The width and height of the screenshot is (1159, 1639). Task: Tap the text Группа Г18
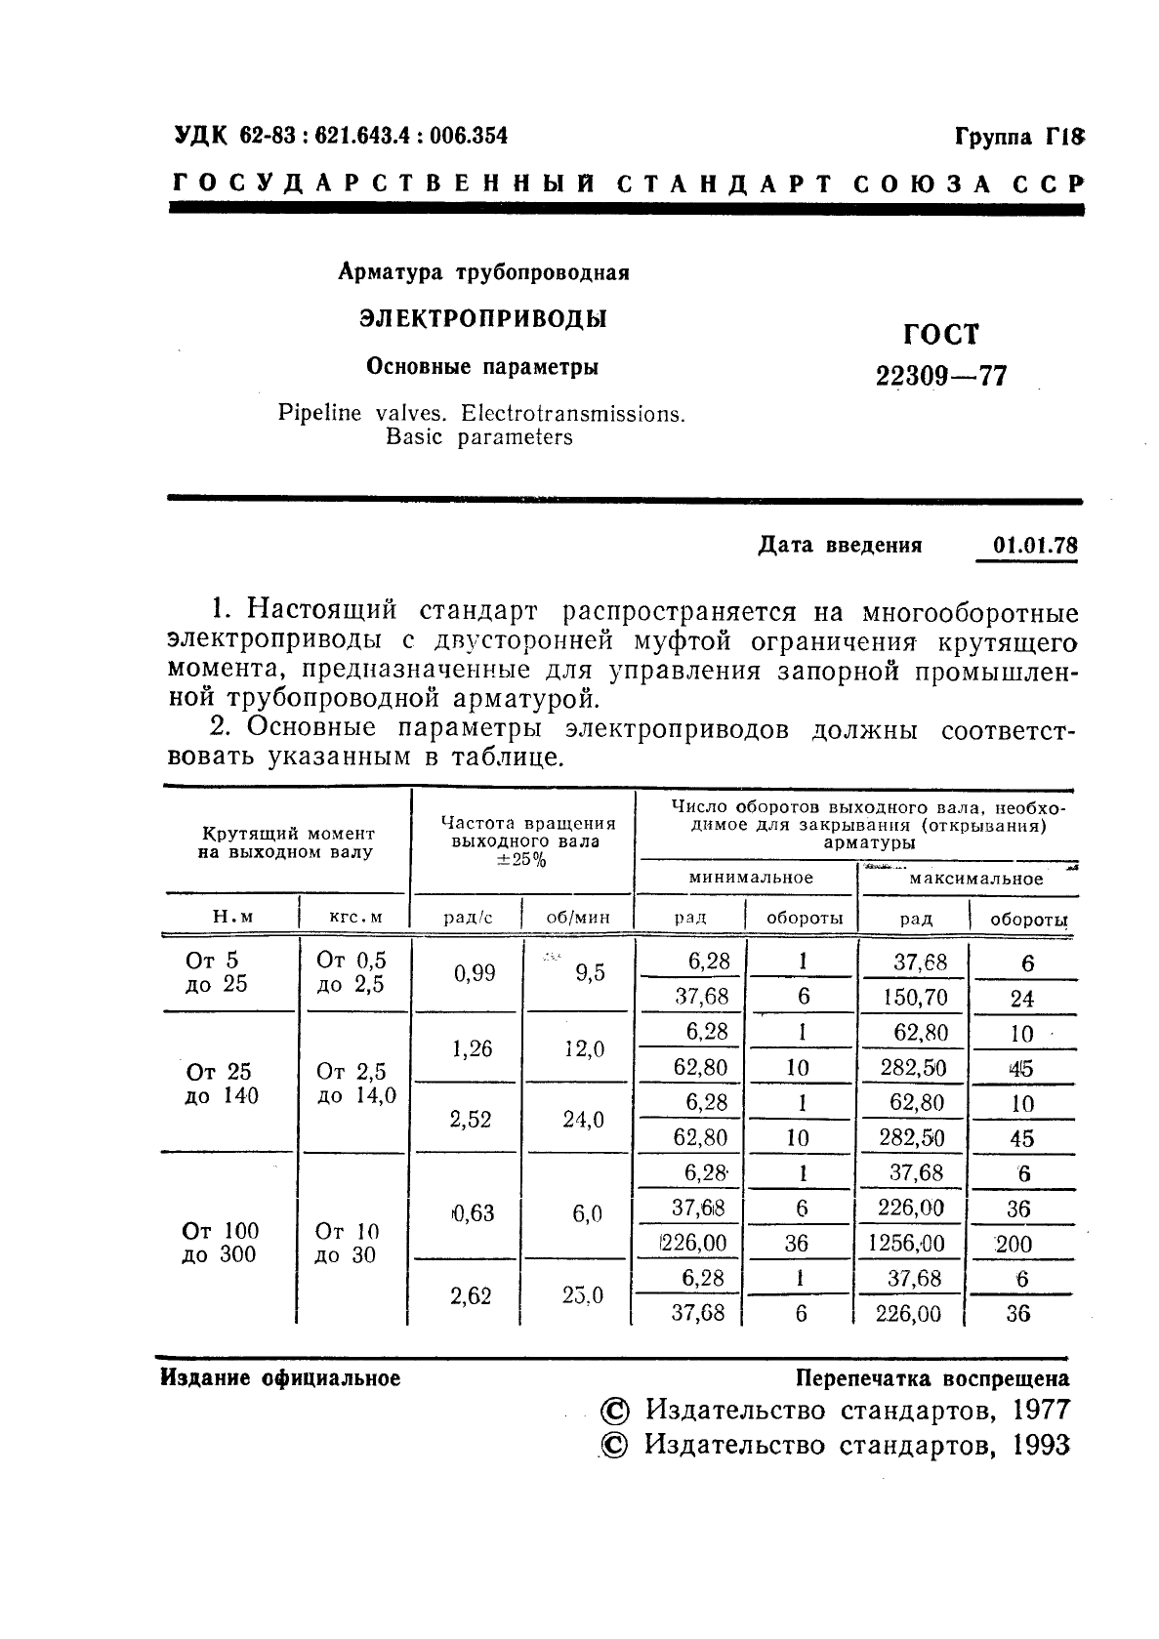point(1018,138)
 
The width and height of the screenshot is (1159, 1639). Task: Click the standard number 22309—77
point(940,376)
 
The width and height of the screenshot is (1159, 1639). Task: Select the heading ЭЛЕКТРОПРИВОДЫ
point(482,319)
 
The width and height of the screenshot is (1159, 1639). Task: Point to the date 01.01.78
point(1034,545)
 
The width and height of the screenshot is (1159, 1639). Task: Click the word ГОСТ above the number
point(940,335)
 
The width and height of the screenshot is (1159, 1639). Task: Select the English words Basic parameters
point(478,437)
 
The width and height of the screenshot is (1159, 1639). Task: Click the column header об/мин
point(578,918)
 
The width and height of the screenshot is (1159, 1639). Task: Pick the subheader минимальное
point(750,878)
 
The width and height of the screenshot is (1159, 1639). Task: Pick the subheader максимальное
point(975,879)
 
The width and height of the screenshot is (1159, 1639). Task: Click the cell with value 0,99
point(474,973)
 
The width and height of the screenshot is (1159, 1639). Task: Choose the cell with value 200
point(1018,1245)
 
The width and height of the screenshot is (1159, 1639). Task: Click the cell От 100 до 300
point(220,1243)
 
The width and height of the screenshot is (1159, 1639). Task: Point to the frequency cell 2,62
point(470,1295)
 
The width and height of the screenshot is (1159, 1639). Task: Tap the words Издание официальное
point(280,1378)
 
